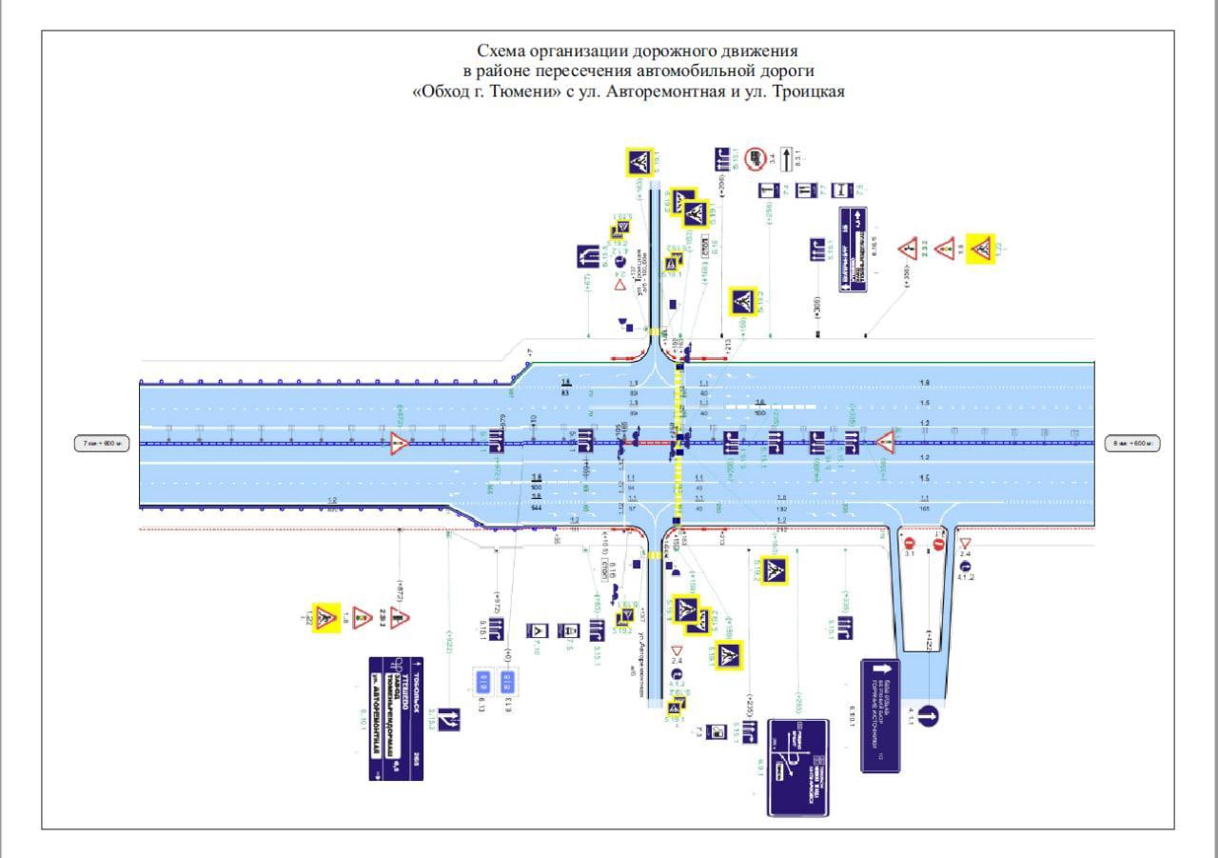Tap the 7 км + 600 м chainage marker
tap(101, 443)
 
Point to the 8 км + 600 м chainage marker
tap(1133, 443)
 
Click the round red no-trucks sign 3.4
tap(756, 158)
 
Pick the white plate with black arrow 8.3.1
tap(786, 158)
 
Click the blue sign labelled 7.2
tap(767, 190)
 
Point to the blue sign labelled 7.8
tap(840, 190)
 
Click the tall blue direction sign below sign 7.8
tap(855, 249)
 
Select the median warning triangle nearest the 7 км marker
tap(399, 443)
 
